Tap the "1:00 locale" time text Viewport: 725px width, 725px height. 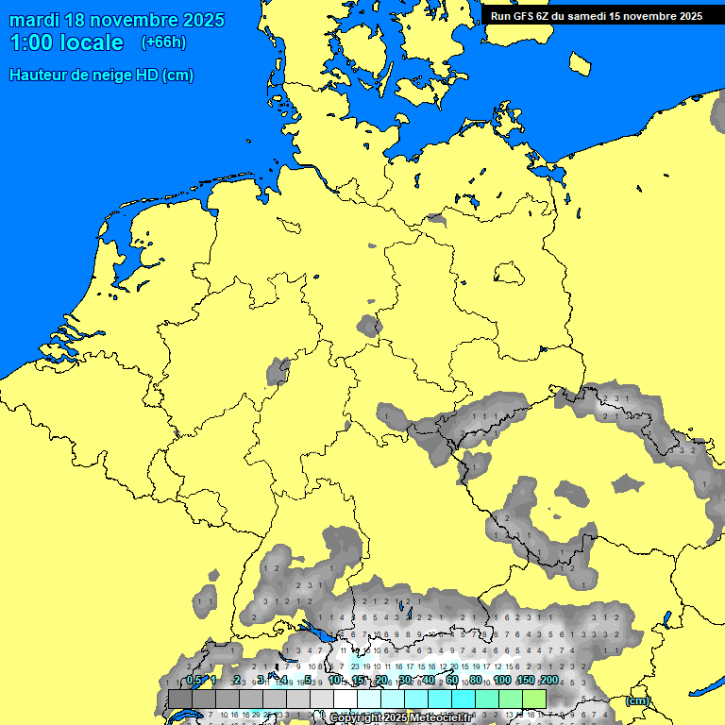tap(66, 42)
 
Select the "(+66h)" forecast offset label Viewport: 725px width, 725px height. tap(163, 42)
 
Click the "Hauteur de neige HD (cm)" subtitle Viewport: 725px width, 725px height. tap(101, 76)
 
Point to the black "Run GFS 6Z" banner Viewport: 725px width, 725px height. tap(596, 15)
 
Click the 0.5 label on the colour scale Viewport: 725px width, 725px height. tap(194, 681)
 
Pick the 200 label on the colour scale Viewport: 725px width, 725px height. tap(548, 681)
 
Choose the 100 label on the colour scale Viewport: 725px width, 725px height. tap(502, 681)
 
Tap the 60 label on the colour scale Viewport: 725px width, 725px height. tap(452, 681)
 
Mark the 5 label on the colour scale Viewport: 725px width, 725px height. tap(308, 681)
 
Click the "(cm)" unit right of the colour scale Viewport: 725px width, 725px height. tap(637, 700)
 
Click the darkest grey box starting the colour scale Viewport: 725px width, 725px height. tap(179, 700)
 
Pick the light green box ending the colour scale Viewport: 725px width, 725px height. tap(533, 700)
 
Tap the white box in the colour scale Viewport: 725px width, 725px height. tap(345, 700)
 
